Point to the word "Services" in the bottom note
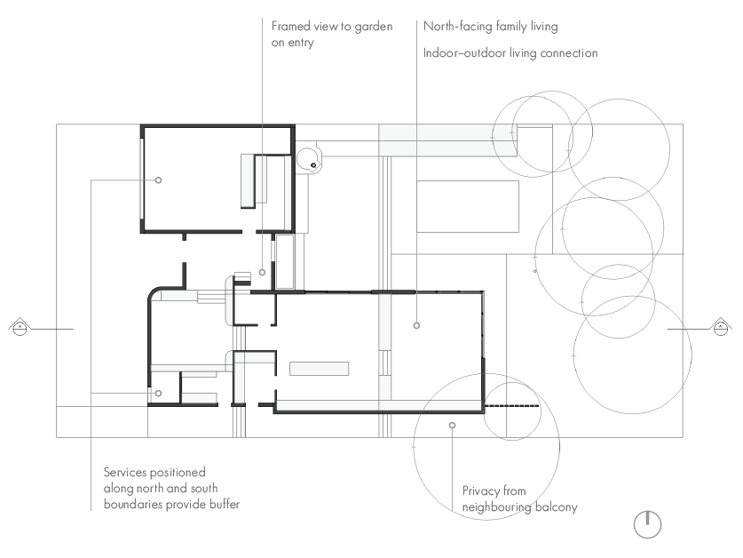tap(125, 472)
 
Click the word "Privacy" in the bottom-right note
tap(478, 491)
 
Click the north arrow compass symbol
tap(647, 524)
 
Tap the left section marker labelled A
tap(20, 327)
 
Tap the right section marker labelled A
tap(720, 327)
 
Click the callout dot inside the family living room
tap(416, 325)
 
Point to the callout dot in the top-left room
tap(158, 179)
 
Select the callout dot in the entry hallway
tap(262, 273)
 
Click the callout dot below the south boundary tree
tap(452, 425)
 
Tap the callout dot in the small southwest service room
tap(158, 393)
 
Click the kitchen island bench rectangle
tap(319, 369)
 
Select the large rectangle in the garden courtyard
tap(468, 206)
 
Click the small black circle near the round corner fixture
tap(313, 165)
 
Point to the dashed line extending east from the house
tap(512, 406)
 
